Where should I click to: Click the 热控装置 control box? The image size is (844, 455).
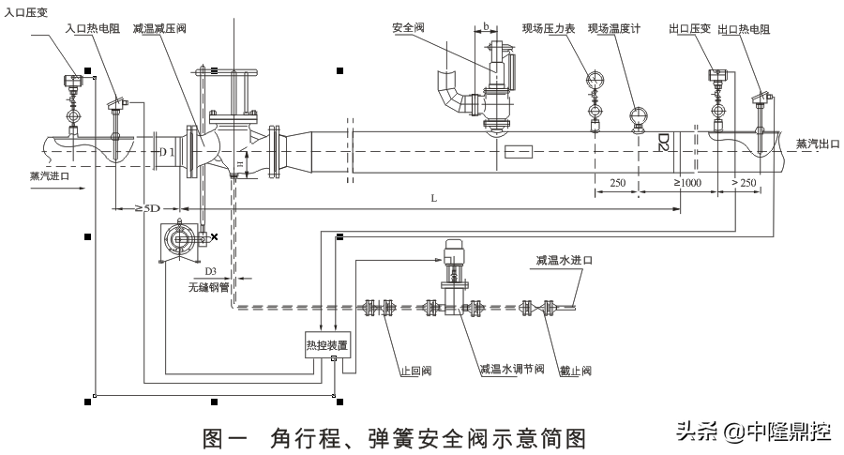pyautogui.click(x=326, y=344)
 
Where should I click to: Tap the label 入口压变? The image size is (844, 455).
pyautogui.click(x=27, y=11)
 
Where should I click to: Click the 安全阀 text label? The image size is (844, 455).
pyautogui.click(x=408, y=29)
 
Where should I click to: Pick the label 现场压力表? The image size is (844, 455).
pyautogui.click(x=553, y=29)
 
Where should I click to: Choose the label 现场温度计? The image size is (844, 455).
pyautogui.click(x=613, y=29)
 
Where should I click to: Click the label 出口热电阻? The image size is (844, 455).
pyautogui.click(x=744, y=30)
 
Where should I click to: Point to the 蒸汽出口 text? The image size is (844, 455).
pyautogui.click(x=813, y=144)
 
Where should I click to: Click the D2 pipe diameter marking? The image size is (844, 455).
pyautogui.click(x=662, y=143)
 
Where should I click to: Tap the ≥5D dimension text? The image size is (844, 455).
pyautogui.click(x=144, y=207)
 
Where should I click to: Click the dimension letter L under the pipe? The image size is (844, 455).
pyautogui.click(x=432, y=199)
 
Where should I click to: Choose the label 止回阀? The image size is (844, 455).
pyautogui.click(x=414, y=371)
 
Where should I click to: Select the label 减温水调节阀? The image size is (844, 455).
pyautogui.click(x=511, y=371)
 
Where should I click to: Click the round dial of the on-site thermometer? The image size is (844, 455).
pyautogui.click(x=638, y=116)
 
